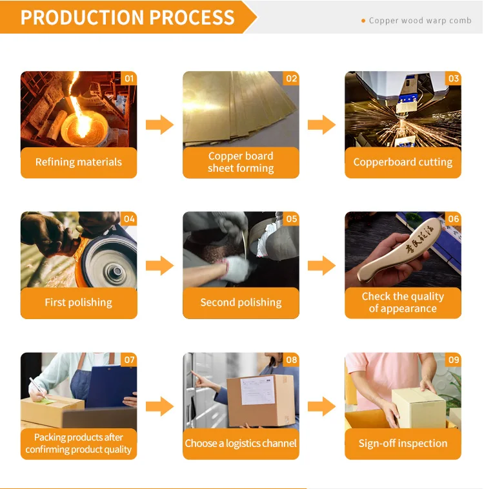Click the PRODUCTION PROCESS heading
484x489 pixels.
pos(127,17)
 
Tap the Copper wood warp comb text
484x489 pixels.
pos(420,21)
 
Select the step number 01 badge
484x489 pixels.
pos(130,79)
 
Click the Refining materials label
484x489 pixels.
pos(79,162)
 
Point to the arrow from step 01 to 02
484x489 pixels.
pos(159,125)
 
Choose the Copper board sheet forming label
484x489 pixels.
pos(241,162)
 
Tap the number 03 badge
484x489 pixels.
pos(454,79)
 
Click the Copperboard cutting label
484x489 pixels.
pos(403,162)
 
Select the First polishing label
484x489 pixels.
pos(79,302)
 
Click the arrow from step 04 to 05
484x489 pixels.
pos(159,265)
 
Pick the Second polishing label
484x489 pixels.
pos(241,302)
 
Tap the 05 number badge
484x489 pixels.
pos(292,219)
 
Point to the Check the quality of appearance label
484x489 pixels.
pos(403,302)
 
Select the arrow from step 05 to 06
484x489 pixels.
pos(321,265)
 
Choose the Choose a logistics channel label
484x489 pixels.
pos(241,443)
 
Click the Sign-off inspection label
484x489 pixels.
pos(403,443)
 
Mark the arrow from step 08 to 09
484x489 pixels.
pos(321,406)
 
